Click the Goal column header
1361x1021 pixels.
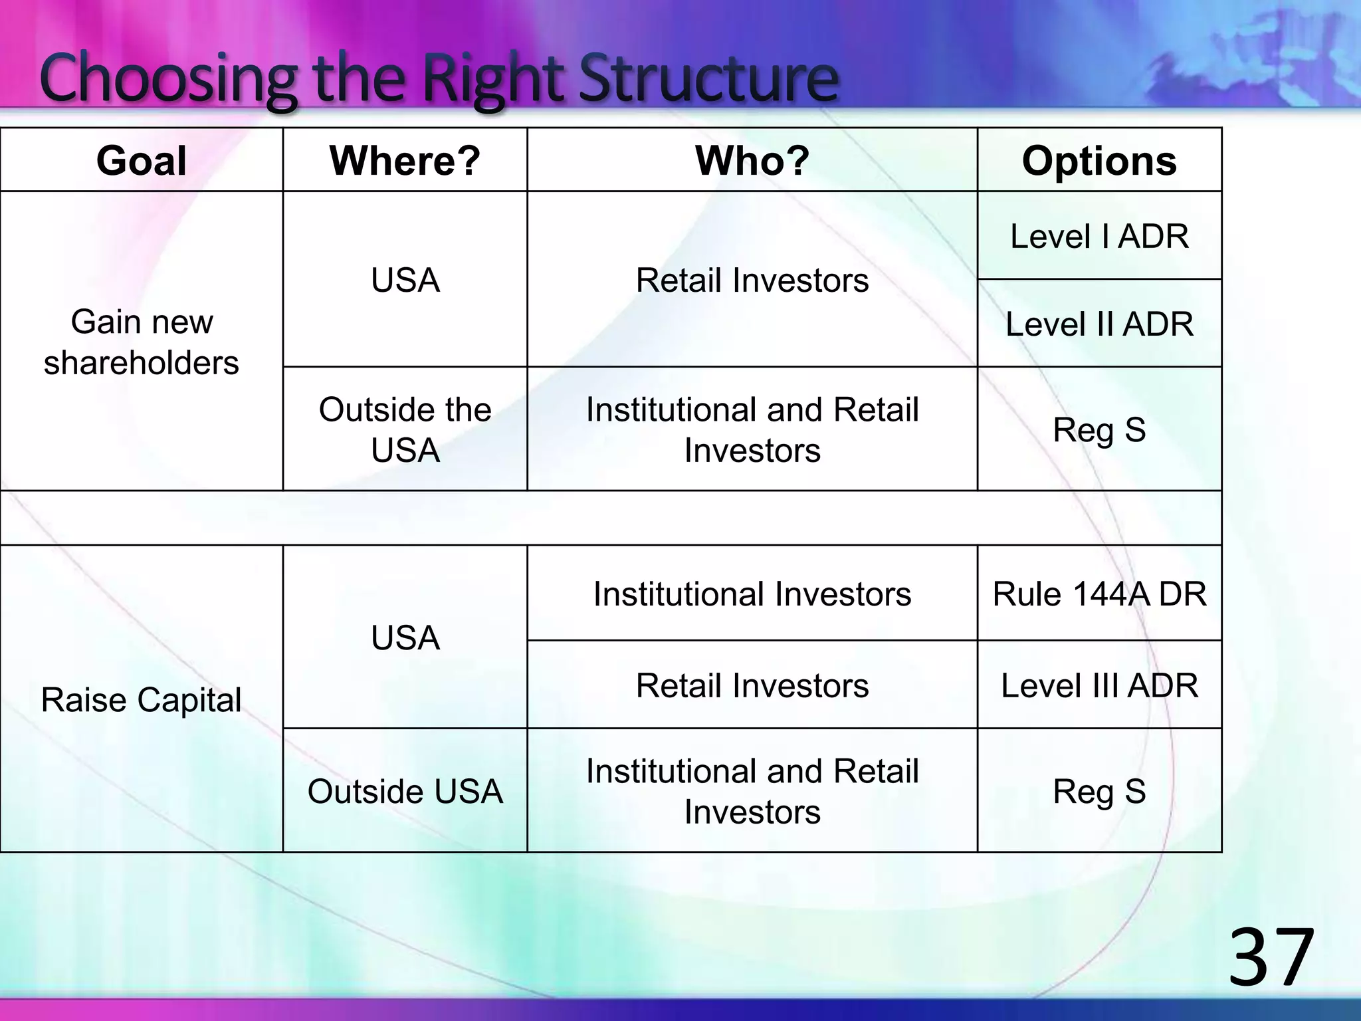coord(142,161)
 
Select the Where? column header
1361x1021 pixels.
coord(405,161)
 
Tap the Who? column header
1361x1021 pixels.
coord(752,161)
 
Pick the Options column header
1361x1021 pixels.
coord(1099,161)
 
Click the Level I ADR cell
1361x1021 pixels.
coord(1099,237)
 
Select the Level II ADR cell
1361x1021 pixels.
coord(1099,324)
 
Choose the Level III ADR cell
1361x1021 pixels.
coord(1099,685)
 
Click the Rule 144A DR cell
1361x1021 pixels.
coord(1099,594)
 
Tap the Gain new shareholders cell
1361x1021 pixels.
coord(142,342)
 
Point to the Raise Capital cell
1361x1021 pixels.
coord(142,700)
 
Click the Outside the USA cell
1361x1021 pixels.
coord(405,429)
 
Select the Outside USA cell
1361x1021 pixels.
coord(405,791)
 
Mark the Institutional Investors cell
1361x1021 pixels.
coord(752,594)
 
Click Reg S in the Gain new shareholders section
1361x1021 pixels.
coord(1099,429)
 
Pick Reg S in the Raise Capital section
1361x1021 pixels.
coord(1099,791)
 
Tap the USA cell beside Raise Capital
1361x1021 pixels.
coord(405,637)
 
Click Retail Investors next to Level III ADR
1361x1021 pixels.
coord(752,685)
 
